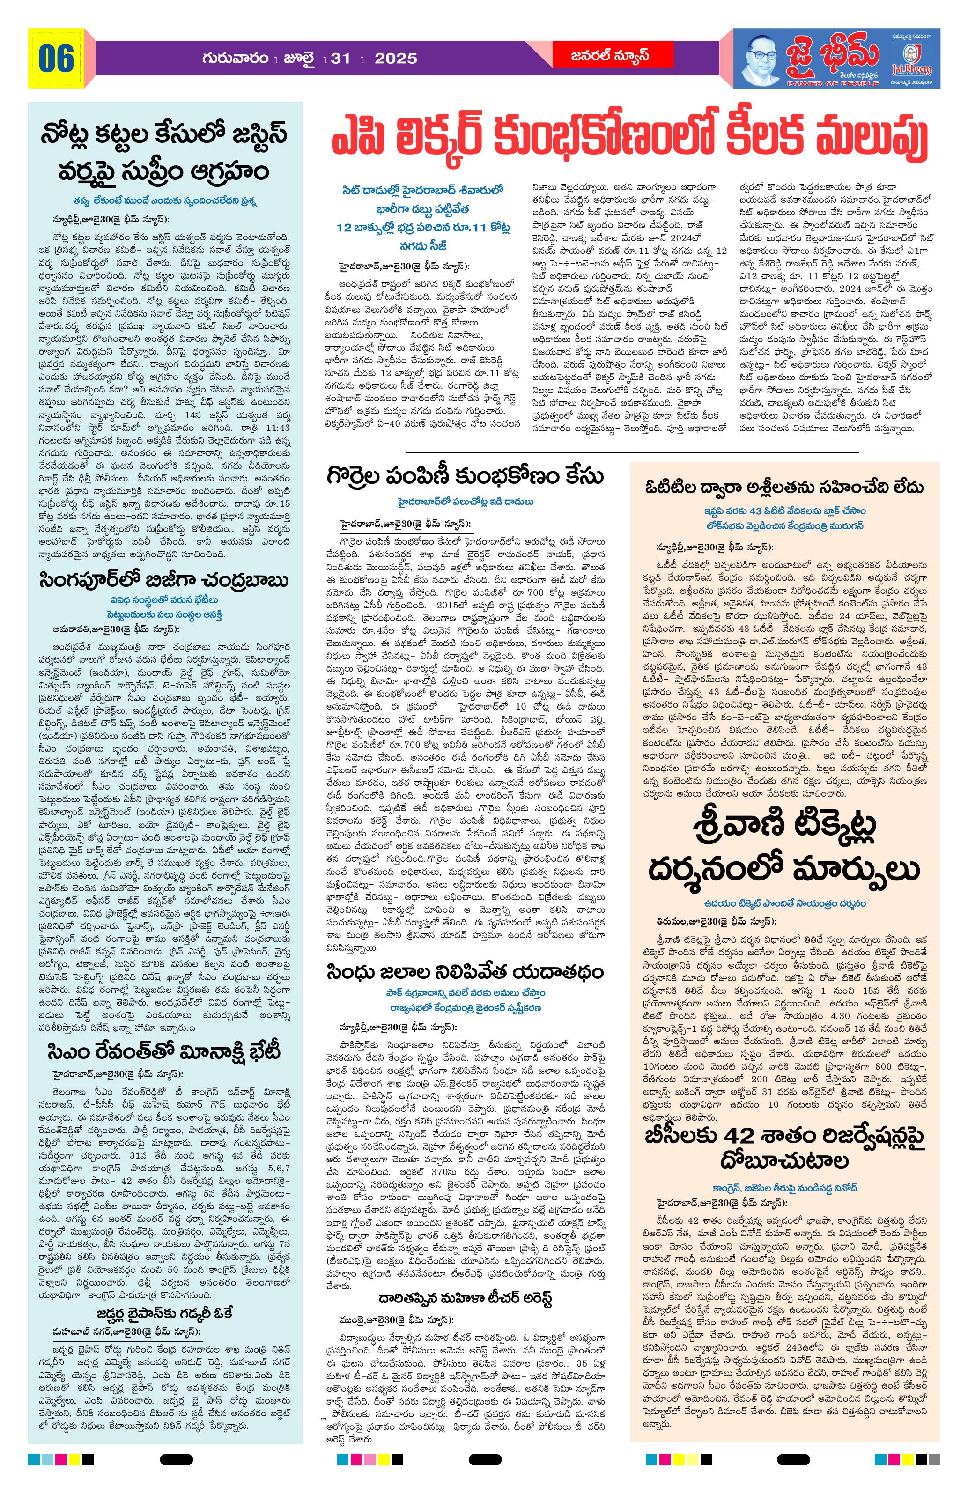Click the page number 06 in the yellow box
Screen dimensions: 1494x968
(x=56, y=59)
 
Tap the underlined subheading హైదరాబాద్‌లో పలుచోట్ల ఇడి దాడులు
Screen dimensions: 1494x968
(x=465, y=502)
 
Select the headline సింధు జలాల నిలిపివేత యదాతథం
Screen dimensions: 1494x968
(x=465, y=972)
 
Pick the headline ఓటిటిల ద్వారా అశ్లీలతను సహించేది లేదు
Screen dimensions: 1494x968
(x=785, y=487)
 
